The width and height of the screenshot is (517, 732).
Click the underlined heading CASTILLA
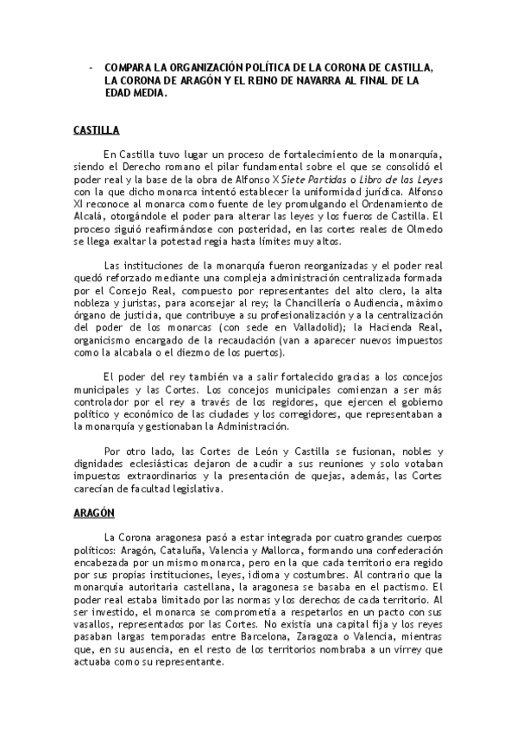point(96,131)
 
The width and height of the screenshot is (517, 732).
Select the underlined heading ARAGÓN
point(94,512)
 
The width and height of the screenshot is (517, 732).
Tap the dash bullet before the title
point(90,67)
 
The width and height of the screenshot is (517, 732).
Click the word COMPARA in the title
point(130,67)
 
